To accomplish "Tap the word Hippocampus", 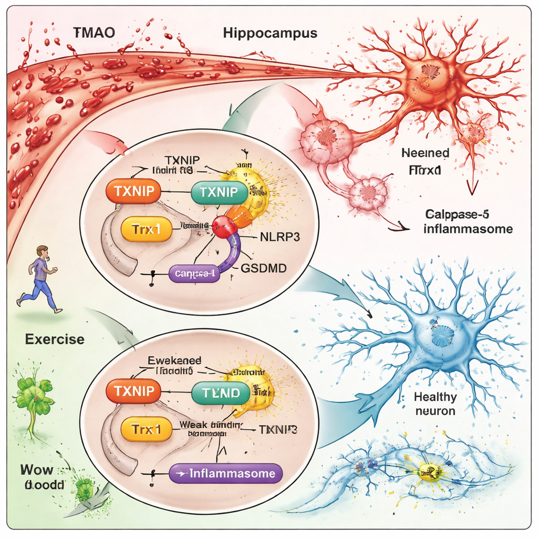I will [270, 33].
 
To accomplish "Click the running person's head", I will [43, 251].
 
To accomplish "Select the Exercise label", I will [55, 339].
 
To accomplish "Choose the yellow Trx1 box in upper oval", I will [146, 230].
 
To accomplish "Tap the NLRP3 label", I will [280, 236].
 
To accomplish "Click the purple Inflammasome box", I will [226, 473].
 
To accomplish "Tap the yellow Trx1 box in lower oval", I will [146, 430].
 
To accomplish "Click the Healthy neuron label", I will [435, 404].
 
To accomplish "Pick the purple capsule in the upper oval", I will [193, 273].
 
